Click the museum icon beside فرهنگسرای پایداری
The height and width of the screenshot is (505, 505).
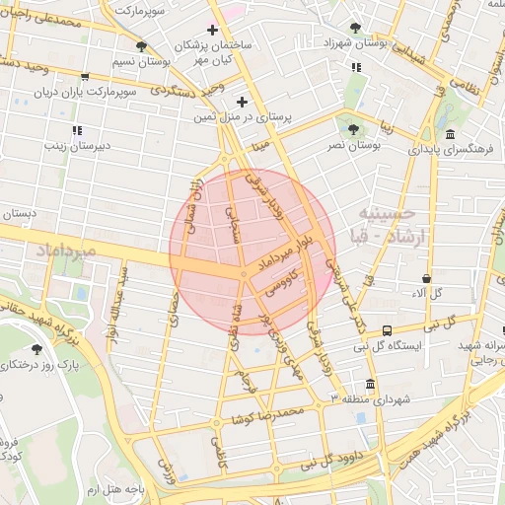[x=450, y=134]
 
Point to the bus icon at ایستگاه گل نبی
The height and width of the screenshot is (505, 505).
[x=386, y=330]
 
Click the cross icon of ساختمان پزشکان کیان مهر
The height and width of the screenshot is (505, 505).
[x=212, y=31]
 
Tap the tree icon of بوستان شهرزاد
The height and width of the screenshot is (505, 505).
[x=355, y=29]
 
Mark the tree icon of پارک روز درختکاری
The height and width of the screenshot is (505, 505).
[x=36, y=349]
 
